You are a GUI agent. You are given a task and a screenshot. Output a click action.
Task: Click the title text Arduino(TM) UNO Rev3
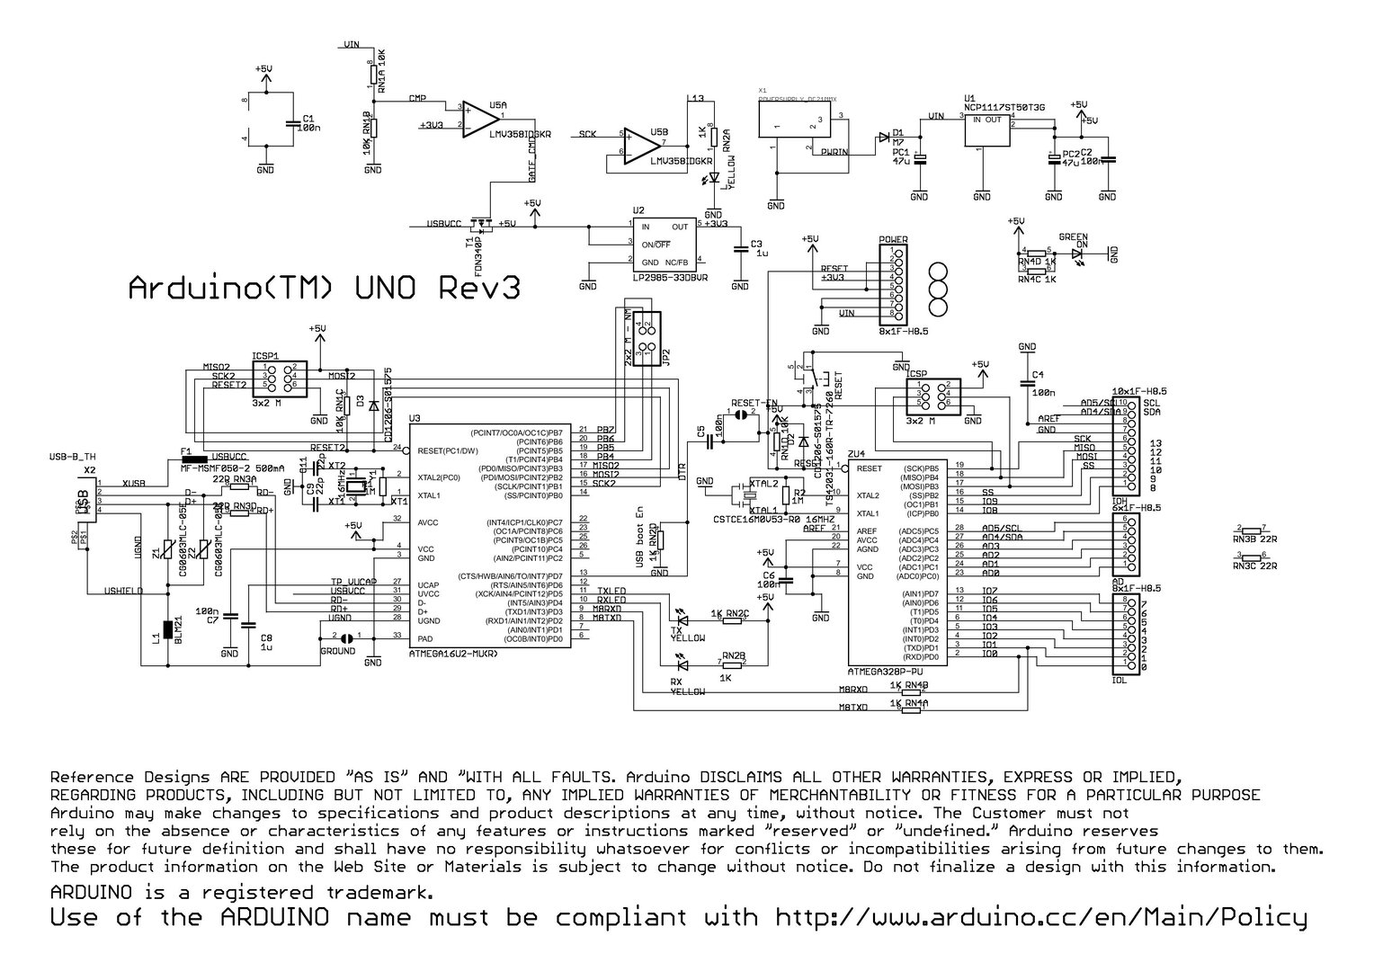click(325, 289)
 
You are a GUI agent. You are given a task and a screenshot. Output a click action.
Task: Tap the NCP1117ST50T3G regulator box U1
click(987, 131)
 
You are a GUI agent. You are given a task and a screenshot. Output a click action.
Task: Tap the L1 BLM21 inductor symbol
click(166, 634)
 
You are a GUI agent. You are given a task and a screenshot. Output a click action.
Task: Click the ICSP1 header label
click(264, 354)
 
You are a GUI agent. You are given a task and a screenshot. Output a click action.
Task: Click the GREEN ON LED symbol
click(1079, 254)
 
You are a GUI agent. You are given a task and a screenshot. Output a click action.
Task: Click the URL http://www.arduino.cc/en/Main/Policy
click(1040, 918)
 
